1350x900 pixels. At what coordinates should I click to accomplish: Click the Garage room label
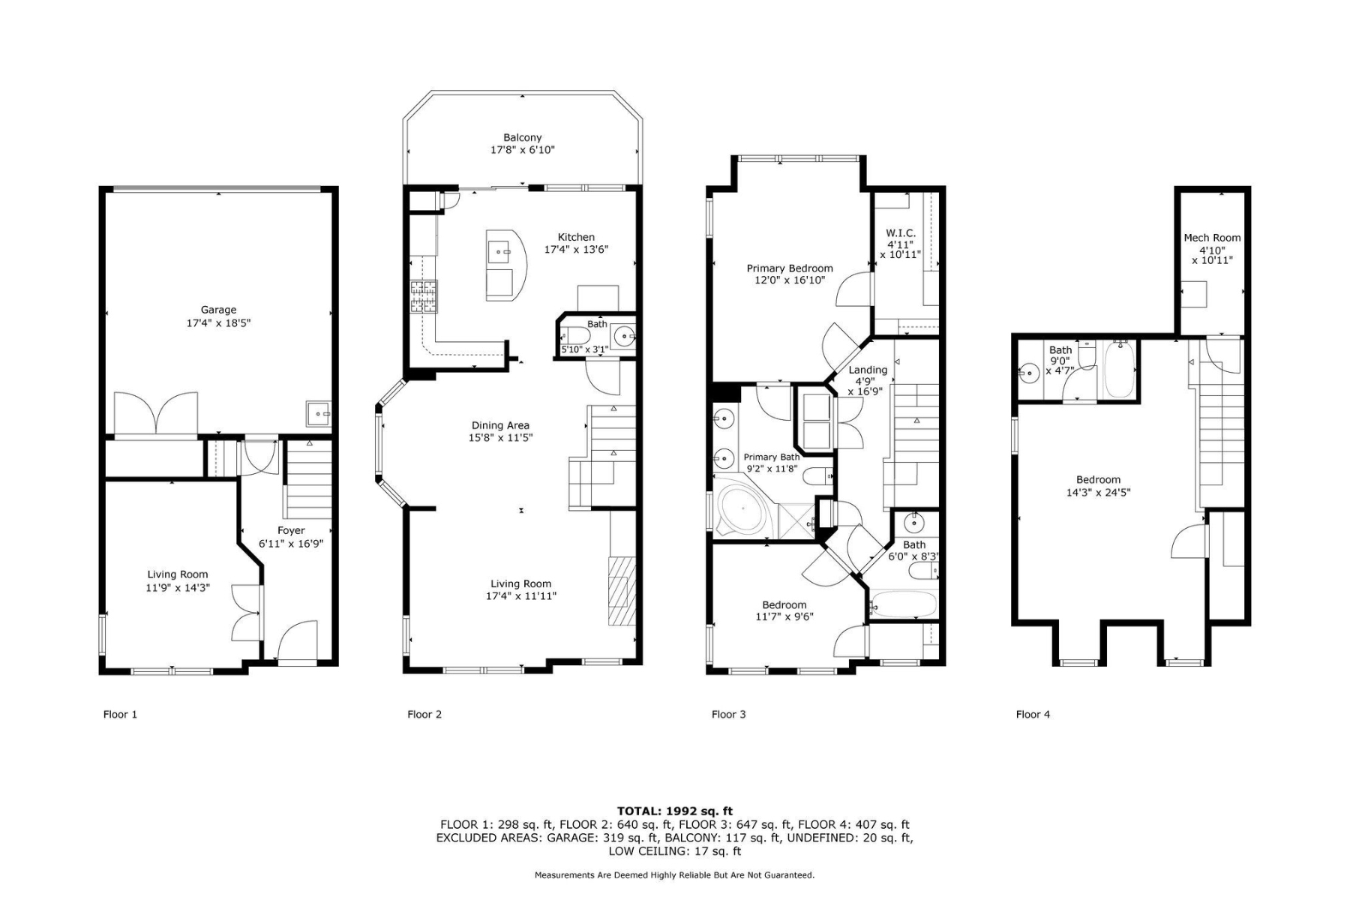click(x=218, y=310)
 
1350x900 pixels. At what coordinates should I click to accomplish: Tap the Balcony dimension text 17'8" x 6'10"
click(x=522, y=150)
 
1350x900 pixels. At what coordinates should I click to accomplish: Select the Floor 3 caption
click(x=728, y=714)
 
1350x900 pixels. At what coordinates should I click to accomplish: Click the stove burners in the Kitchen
click(x=423, y=296)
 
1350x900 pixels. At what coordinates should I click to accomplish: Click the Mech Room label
click(x=1212, y=238)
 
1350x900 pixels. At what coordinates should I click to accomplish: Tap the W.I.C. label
click(x=900, y=233)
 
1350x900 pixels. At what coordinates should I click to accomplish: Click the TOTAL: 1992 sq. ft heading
click(x=674, y=811)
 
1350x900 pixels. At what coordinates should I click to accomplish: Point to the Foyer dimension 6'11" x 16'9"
click(x=291, y=544)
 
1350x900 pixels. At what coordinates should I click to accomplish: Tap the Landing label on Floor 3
click(x=868, y=370)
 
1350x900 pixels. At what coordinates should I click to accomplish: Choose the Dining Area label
click(x=500, y=425)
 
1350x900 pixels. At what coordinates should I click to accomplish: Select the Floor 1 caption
click(x=120, y=714)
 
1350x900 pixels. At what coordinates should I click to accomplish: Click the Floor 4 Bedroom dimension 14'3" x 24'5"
click(x=1098, y=493)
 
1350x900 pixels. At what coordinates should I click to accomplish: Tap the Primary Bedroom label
click(x=789, y=268)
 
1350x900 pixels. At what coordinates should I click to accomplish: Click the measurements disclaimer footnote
click(x=674, y=874)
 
